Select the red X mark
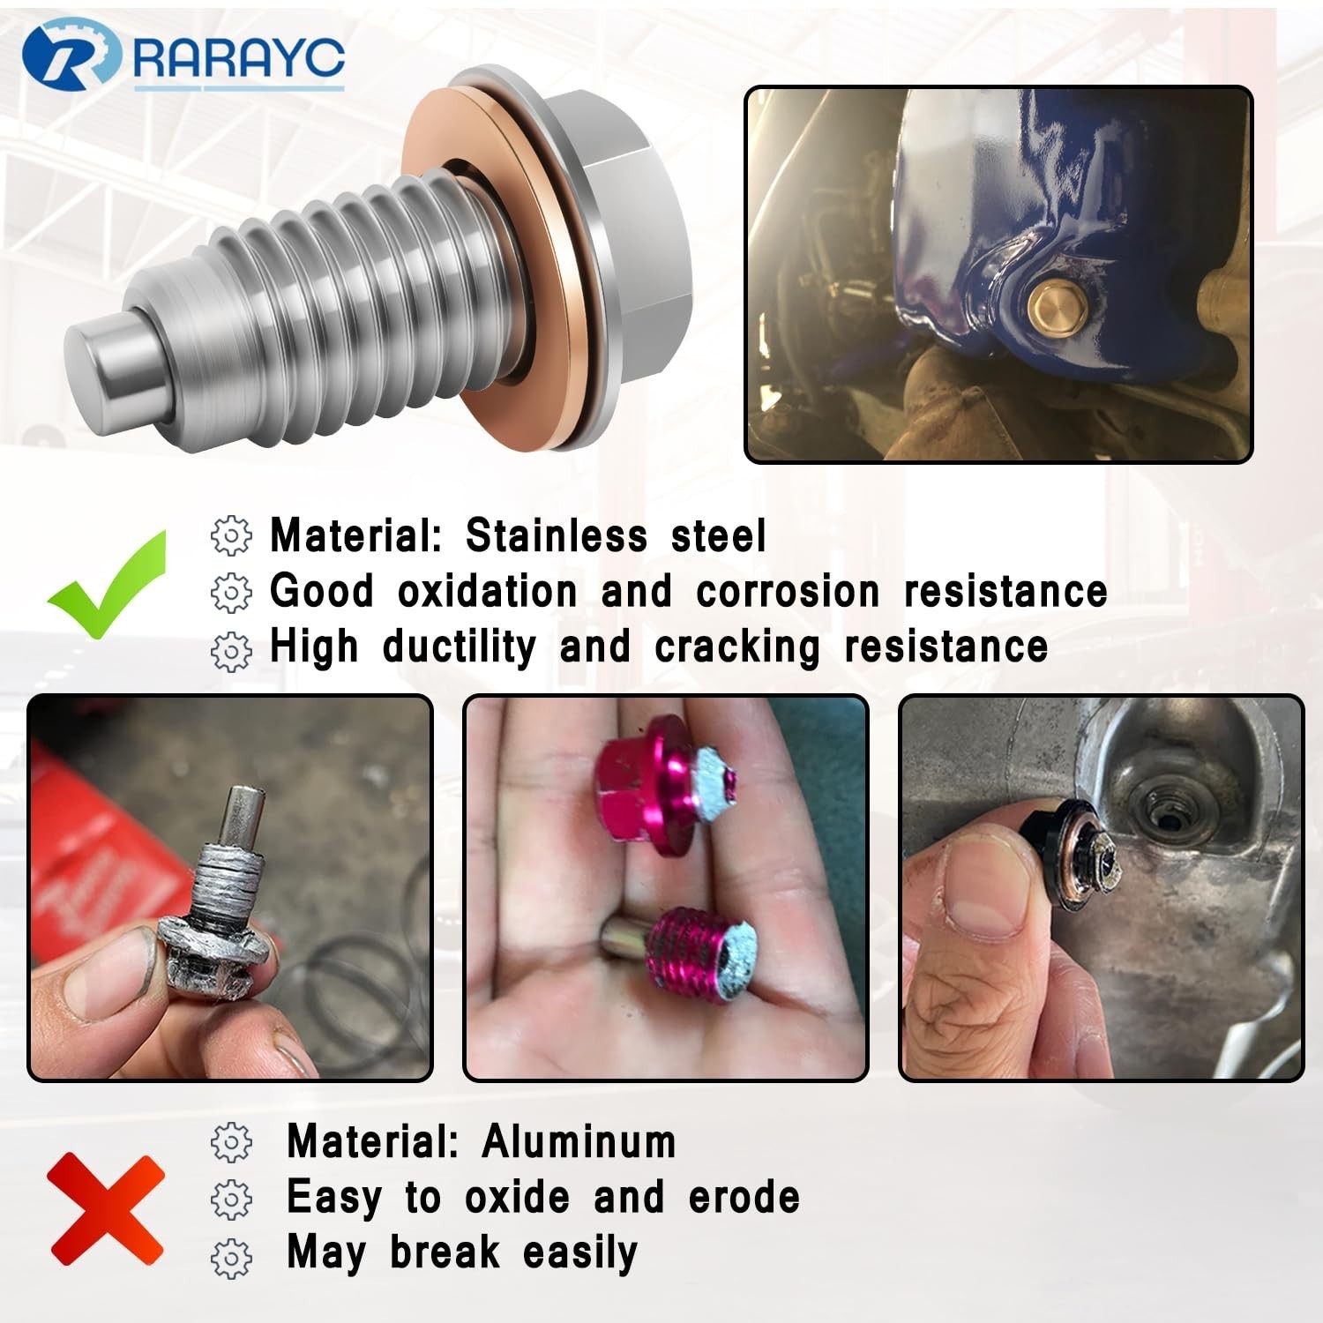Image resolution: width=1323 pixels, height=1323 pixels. tap(106, 1209)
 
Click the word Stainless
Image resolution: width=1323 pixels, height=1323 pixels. tap(556, 535)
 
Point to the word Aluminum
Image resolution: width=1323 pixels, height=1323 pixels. tap(579, 1141)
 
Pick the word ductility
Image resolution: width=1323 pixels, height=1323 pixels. tap(459, 647)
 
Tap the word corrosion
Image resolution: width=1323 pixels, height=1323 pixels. tap(788, 592)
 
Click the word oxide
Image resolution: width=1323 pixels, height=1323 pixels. tap(517, 1197)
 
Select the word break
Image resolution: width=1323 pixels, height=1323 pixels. tap(445, 1252)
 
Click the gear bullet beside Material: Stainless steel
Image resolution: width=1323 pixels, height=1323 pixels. tap(231, 535)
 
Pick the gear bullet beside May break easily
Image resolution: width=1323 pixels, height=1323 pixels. tap(231, 1256)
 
